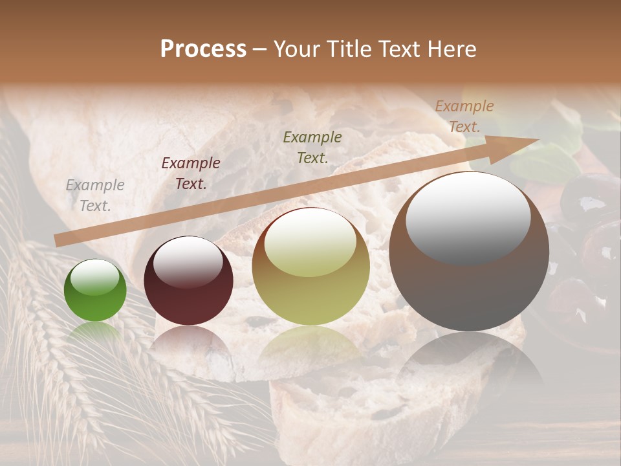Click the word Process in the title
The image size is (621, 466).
[x=203, y=49]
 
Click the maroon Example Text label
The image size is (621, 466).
[x=191, y=173]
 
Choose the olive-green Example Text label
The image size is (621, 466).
[x=312, y=147]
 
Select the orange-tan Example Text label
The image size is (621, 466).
[x=464, y=116]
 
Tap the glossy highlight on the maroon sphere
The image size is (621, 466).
[x=188, y=261]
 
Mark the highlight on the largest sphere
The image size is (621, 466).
[x=468, y=217]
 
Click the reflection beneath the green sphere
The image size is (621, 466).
[x=95, y=333]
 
